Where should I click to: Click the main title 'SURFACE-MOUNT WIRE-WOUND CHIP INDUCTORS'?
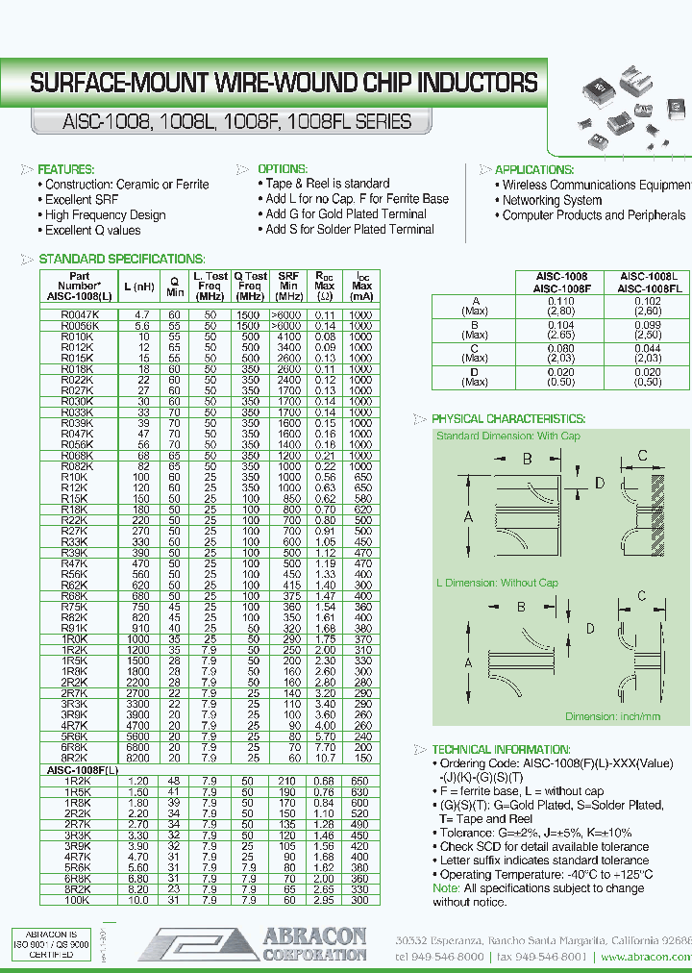click(284, 83)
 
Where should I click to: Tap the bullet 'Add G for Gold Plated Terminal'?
click(346, 214)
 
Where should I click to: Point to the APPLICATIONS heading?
click(533, 169)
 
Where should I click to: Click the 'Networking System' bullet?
click(552, 200)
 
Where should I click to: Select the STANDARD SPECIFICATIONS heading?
click(121, 260)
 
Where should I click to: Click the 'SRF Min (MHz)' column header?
click(288, 286)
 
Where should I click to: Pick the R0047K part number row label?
click(78, 315)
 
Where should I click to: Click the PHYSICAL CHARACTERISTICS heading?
click(507, 419)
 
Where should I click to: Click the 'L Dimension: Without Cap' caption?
click(496, 583)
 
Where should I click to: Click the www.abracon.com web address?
click(644, 958)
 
